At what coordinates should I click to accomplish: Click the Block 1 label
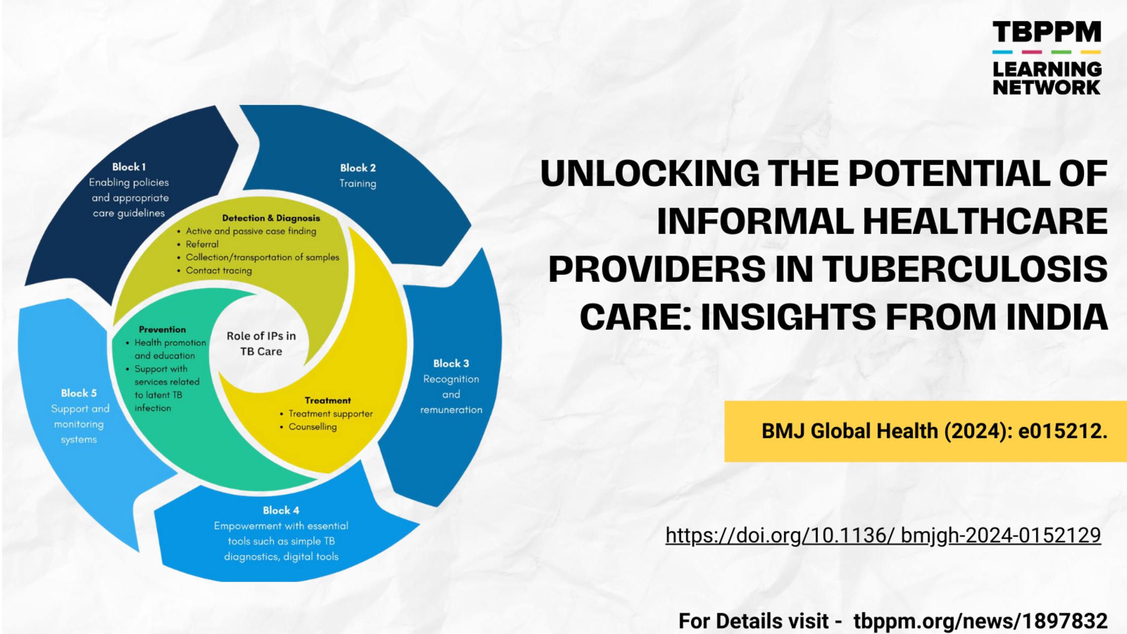coord(129,167)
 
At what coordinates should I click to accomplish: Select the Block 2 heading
coord(358,168)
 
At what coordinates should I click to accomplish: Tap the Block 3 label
coord(451,364)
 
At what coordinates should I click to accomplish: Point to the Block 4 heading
coord(281,510)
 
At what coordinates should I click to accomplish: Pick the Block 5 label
coord(79,393)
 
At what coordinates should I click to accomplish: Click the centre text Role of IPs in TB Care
coord(261,344)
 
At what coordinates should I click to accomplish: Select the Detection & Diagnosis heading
coord(271,218)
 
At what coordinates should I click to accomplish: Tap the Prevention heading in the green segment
coord(162,329)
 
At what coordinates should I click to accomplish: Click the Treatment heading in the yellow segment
coord(328,400)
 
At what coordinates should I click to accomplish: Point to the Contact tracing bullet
coord(219,271)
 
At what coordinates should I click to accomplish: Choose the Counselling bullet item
coord(313,427)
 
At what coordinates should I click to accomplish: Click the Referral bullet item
coord(202,245)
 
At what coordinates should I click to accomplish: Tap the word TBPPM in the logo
coord(1047,32)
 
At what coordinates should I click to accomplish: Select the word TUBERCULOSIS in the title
coord(965,269)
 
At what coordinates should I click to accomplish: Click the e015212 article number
coord(1062,431)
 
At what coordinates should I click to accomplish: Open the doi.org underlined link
coord(883,535)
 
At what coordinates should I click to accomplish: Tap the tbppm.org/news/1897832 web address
coord(981,621)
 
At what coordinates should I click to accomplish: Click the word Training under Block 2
coord(358,184)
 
